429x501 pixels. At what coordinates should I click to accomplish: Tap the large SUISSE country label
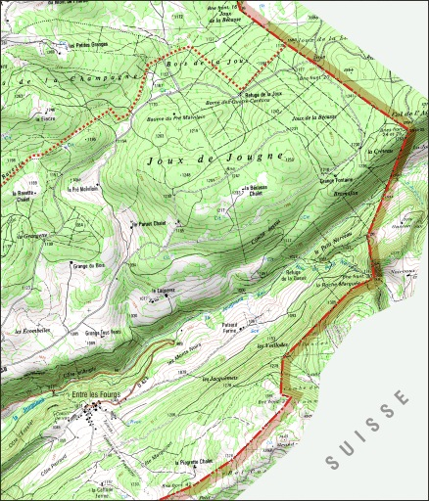coord(367,428)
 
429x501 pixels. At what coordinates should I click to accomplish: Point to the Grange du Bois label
coord(87,265)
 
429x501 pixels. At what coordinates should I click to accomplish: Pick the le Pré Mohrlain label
coord(86,190)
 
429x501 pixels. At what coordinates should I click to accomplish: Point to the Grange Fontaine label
coord(336,180)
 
